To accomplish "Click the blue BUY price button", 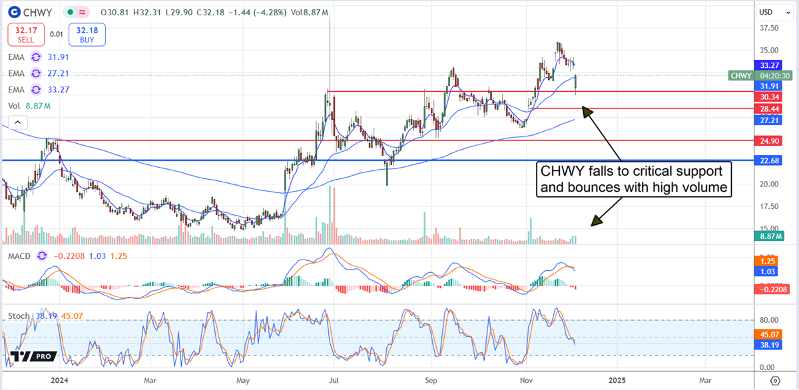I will [x=87, y=35].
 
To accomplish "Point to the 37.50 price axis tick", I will [x=770, y=28].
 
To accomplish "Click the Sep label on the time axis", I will [x=431, y=381].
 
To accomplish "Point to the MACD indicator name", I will [x=19, y=256].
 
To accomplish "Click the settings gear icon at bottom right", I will [x=774, y=381].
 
